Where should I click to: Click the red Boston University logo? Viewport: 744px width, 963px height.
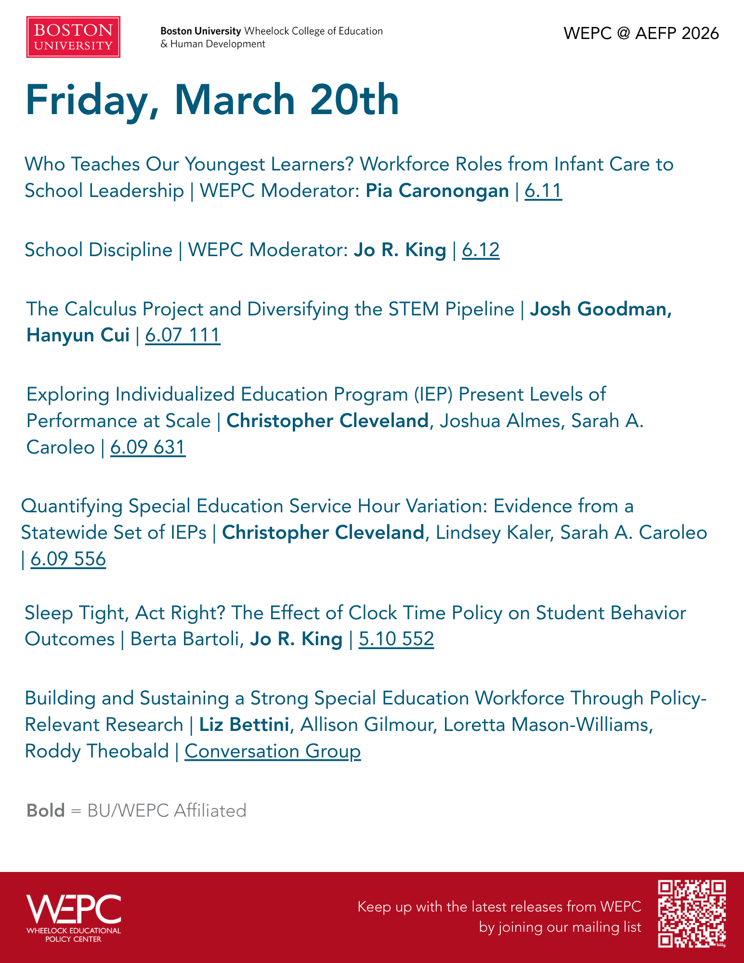point(73,37)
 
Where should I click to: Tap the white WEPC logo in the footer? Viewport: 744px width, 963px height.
point(74,918)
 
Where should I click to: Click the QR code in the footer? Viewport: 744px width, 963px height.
point(692,913)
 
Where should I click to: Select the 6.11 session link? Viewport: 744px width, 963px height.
point(543,191)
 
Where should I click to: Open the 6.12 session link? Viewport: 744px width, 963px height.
point(481,250)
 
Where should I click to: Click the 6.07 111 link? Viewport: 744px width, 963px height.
point(183,335)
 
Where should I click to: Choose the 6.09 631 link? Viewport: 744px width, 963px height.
point(148,447)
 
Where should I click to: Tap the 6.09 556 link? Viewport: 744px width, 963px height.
point(68,559)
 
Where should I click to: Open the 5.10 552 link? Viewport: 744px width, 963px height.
point(396,639)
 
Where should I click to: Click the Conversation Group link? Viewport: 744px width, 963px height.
point(273,751)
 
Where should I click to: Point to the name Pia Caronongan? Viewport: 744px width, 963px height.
point(437,191)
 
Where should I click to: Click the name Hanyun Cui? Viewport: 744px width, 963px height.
point(78,335)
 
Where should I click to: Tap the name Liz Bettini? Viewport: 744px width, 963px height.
point(244,725)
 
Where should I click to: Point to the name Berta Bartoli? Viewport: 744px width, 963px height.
point(185,639)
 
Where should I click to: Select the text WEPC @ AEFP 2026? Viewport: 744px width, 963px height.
point(641,33)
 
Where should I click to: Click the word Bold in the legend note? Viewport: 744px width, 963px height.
point(46,810)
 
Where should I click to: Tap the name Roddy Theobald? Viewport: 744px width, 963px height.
point(97,751)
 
